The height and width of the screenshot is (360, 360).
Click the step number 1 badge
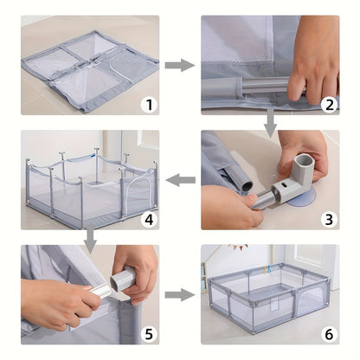tap(150, 105)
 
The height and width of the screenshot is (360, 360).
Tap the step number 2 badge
tap(329, 105)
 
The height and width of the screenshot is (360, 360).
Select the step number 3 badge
tap(329, 219)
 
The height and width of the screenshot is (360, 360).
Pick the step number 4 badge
tap(150, 219)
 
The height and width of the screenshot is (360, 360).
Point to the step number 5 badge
tap(150, 334)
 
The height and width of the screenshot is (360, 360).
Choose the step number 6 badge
tap(329, 334)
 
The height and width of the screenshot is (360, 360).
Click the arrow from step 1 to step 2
tap(180, 65)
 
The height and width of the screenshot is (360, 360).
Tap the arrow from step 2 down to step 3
tap(270, 123)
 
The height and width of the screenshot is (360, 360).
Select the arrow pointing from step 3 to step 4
tap(180, 180)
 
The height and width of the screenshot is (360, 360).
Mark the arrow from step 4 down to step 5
tap(91, 238)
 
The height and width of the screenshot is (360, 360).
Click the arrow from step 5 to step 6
tap(180, 295)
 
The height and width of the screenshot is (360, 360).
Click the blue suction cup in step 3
tap(302, 199)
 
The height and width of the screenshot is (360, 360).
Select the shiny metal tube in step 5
tap(99, 291)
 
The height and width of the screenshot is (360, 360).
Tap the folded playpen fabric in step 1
tap(90, 71)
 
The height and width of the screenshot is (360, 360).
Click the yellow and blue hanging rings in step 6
tap(267, 269)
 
